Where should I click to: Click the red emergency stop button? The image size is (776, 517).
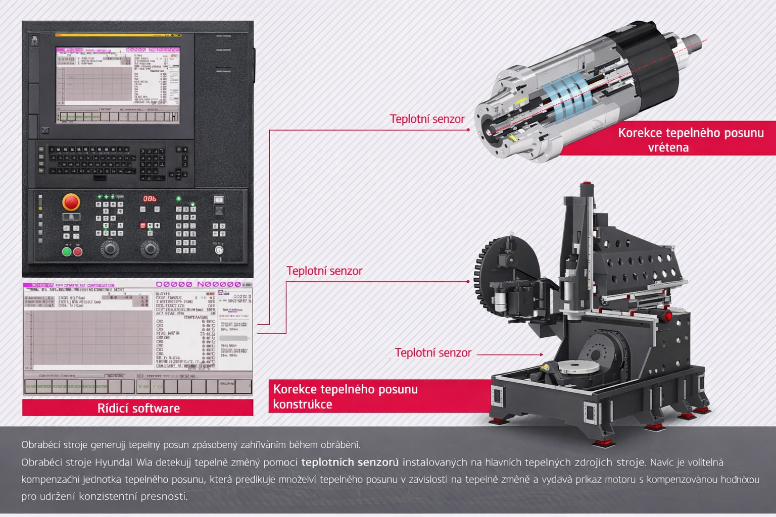click(71, 202)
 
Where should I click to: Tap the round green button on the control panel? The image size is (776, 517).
click(66, 251)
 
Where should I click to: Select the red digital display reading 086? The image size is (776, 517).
click(150, 198)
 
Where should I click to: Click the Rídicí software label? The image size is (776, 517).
click(138, 408)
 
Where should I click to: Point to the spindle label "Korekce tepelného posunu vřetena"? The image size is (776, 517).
click(690, 139)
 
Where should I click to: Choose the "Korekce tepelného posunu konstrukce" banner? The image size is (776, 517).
click(346, 396)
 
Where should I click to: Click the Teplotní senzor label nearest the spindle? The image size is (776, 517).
click(427, 119)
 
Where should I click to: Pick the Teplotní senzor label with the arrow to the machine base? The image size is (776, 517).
click(433, 353)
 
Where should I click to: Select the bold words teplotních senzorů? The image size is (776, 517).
click(350, 462)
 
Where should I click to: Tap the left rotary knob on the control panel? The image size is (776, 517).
click(110, 248)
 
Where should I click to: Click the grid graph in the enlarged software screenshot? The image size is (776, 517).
click(91, 337)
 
